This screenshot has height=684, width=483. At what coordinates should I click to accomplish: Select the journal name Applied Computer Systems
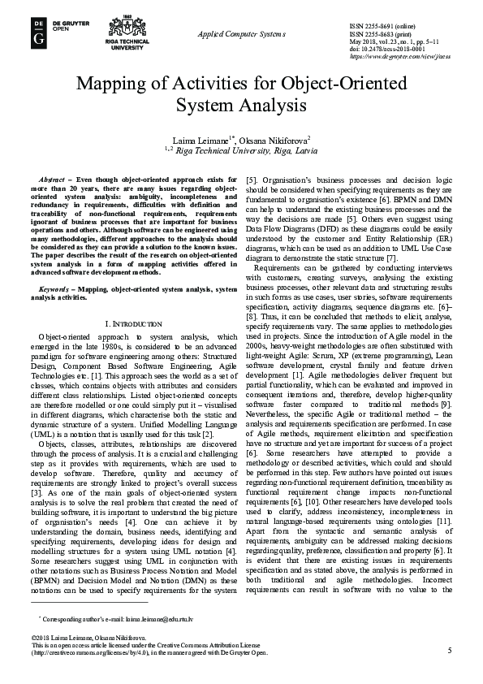point(241,34)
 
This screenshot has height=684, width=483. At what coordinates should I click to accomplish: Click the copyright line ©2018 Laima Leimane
point(77,638)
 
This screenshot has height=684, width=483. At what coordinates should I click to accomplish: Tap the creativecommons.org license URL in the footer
point(89,652)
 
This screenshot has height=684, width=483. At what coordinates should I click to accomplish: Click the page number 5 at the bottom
point(449,651)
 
